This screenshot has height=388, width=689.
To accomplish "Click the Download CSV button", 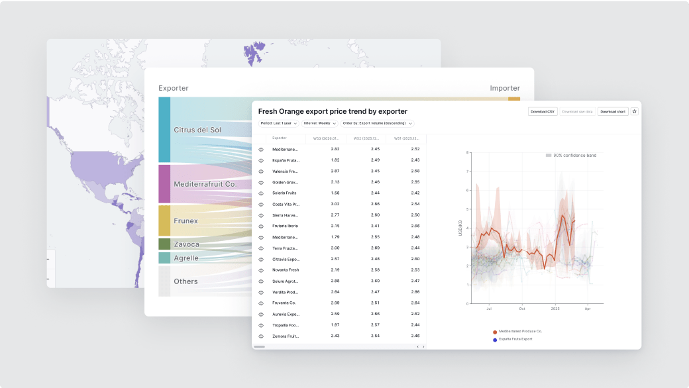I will point(543,112).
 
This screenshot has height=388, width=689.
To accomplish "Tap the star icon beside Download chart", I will point(634,112).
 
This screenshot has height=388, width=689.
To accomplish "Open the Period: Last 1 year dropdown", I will point(279,123).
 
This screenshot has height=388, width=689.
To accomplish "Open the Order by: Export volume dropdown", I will point(378,123).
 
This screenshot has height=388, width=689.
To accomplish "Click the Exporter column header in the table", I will point(280,138).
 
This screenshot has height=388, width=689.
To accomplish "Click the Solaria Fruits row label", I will point(284,193).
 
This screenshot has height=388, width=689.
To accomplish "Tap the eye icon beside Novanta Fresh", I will point(261,270).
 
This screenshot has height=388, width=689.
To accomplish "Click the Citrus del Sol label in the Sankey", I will point(197,129).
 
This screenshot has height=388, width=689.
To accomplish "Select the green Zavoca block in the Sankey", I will point(164,244).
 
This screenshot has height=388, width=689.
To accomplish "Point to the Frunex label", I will point(185,220).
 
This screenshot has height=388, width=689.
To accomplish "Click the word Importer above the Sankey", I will point(505,88).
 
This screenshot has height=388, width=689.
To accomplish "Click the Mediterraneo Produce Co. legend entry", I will point(520,331).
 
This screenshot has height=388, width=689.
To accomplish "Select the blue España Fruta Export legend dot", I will point(494,340).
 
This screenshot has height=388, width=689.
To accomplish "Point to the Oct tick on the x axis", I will point(522,309).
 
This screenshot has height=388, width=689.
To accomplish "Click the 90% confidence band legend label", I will point(574,156).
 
